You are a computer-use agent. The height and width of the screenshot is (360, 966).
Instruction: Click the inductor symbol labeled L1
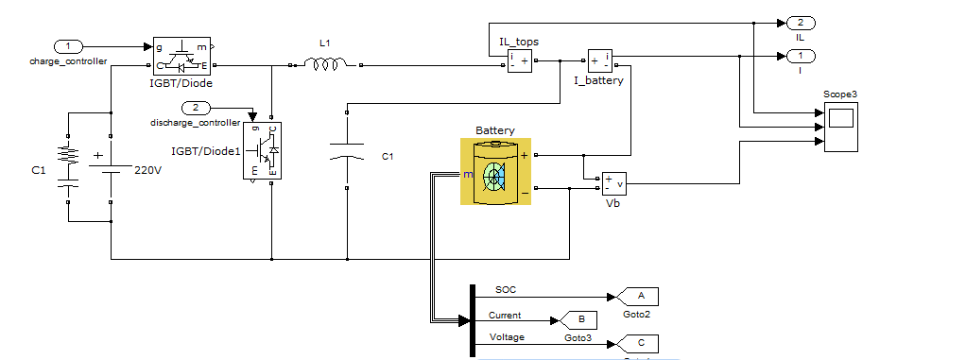324,64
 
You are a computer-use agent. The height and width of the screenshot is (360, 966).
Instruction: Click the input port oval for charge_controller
68,46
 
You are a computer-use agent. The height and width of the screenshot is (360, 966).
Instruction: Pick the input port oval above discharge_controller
196,108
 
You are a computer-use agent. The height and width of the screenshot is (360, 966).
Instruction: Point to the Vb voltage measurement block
612,183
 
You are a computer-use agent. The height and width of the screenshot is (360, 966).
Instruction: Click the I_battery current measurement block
600,61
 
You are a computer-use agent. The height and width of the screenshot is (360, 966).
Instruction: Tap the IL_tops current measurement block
519,61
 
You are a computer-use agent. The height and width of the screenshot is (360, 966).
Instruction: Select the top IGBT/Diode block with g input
182,56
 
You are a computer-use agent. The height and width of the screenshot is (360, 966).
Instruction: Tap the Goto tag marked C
641,343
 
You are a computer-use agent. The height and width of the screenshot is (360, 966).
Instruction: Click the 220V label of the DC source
149,170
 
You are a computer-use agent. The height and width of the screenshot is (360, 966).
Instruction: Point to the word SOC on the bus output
506,288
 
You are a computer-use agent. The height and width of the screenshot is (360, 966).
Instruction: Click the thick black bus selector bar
471,321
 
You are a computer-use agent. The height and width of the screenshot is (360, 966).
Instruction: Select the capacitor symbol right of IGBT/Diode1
346,151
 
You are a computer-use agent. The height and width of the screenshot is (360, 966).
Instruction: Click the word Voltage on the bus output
508,336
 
